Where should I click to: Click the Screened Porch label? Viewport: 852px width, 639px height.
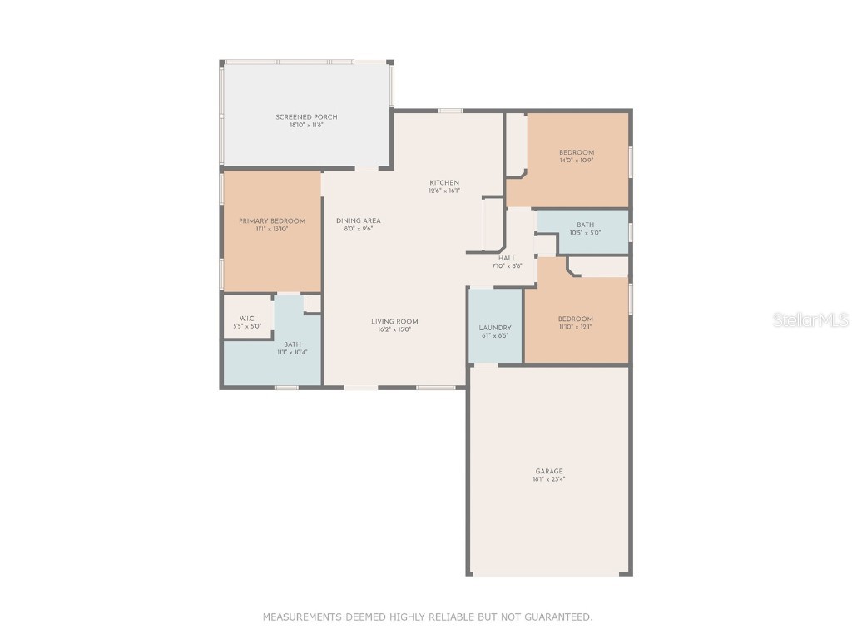click(306, 117)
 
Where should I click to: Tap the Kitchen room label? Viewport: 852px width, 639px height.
click(443, 183)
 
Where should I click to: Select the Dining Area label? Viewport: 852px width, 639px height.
click(359, 220)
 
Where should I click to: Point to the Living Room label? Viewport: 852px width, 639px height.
click(394, 321)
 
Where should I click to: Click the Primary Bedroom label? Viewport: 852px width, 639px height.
click(272, 220)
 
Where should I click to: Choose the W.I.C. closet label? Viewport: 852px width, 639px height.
click(247, 319)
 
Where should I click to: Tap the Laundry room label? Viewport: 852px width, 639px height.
click(495, 328)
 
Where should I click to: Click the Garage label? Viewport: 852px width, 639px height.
click(548, 472)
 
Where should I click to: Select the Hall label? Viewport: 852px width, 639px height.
click(508, 259)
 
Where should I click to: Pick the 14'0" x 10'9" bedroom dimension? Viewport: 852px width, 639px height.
click(577, 160)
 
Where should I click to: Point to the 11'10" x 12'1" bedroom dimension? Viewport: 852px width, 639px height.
click(576, 327)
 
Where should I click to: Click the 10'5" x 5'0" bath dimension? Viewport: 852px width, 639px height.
click(585, 233)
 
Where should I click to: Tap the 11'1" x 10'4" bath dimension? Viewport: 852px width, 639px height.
click(292, 353)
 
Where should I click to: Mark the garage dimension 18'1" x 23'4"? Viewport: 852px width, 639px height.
click(548, 480)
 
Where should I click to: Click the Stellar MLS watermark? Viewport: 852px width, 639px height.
click(810, 320)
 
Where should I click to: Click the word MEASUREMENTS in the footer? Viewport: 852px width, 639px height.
click(301, 617)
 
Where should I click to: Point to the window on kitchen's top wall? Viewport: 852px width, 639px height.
click(451, 111)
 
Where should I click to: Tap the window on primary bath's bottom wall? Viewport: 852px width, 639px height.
click(286, 387)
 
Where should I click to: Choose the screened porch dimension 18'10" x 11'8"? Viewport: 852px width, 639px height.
click(306, 126)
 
